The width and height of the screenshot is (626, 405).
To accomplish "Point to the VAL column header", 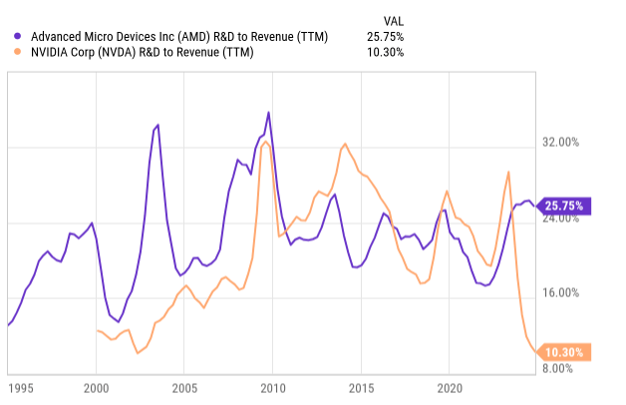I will tap(393, 20).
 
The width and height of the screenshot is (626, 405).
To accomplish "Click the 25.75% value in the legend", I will tap(385, 37).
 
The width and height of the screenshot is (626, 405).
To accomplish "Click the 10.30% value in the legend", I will tap(385, 52).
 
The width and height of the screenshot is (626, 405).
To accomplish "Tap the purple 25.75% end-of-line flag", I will tap(564, 206).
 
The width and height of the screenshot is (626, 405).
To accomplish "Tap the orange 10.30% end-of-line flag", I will tap(564, 351).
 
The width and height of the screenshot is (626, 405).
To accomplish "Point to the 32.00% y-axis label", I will tap(572, 143).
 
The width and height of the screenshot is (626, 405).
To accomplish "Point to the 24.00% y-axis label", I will tap(572, 218).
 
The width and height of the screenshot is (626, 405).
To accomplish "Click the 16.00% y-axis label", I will tap(572, 293).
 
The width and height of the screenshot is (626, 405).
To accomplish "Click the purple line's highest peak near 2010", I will tap(268, 113).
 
